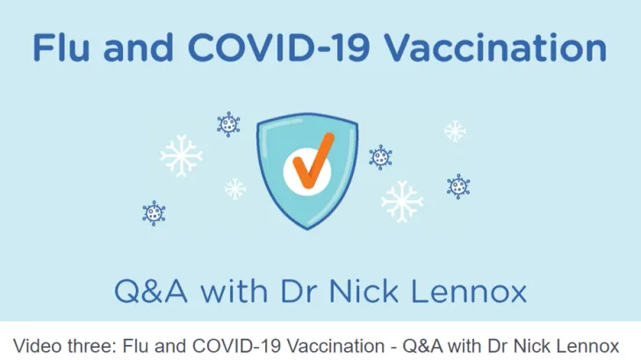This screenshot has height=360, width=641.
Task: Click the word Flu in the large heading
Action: pyautogui.click(x=61, y=47)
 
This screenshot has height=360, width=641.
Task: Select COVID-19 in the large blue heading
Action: pyautogui.click(x=279, y=47)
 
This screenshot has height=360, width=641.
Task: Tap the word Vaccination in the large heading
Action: pyautogui.click(x=496, y=47)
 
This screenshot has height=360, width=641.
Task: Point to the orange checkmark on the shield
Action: pyautogui.click(x=313, y=161)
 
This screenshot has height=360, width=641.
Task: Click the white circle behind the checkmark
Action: pyautogui.click(x=307, y=171)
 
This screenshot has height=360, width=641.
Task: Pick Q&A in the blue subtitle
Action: pyautogui.click(x=150, y=291)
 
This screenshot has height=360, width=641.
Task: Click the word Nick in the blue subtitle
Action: pyautogui.click(x=364, y=291)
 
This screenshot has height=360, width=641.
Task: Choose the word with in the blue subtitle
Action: pyautogui.click(x=234, y=291)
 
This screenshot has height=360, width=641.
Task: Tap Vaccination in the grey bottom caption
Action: pyautogui.click(x=335, y=346)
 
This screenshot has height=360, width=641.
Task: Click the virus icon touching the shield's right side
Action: pyautogui.click(x=380, y=157)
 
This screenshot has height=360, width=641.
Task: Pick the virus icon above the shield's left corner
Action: pyautogui.click(x=228, y=124)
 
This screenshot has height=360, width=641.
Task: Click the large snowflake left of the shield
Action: pyautogui.click(x=181, y=155)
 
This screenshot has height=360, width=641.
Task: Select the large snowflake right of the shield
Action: pyautogui.click(x=402, y=201)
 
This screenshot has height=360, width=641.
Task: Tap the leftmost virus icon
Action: pyautogui.click(x=154, y=212)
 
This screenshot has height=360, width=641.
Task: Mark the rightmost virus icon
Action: pyautogui.click(x=458, y=186)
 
